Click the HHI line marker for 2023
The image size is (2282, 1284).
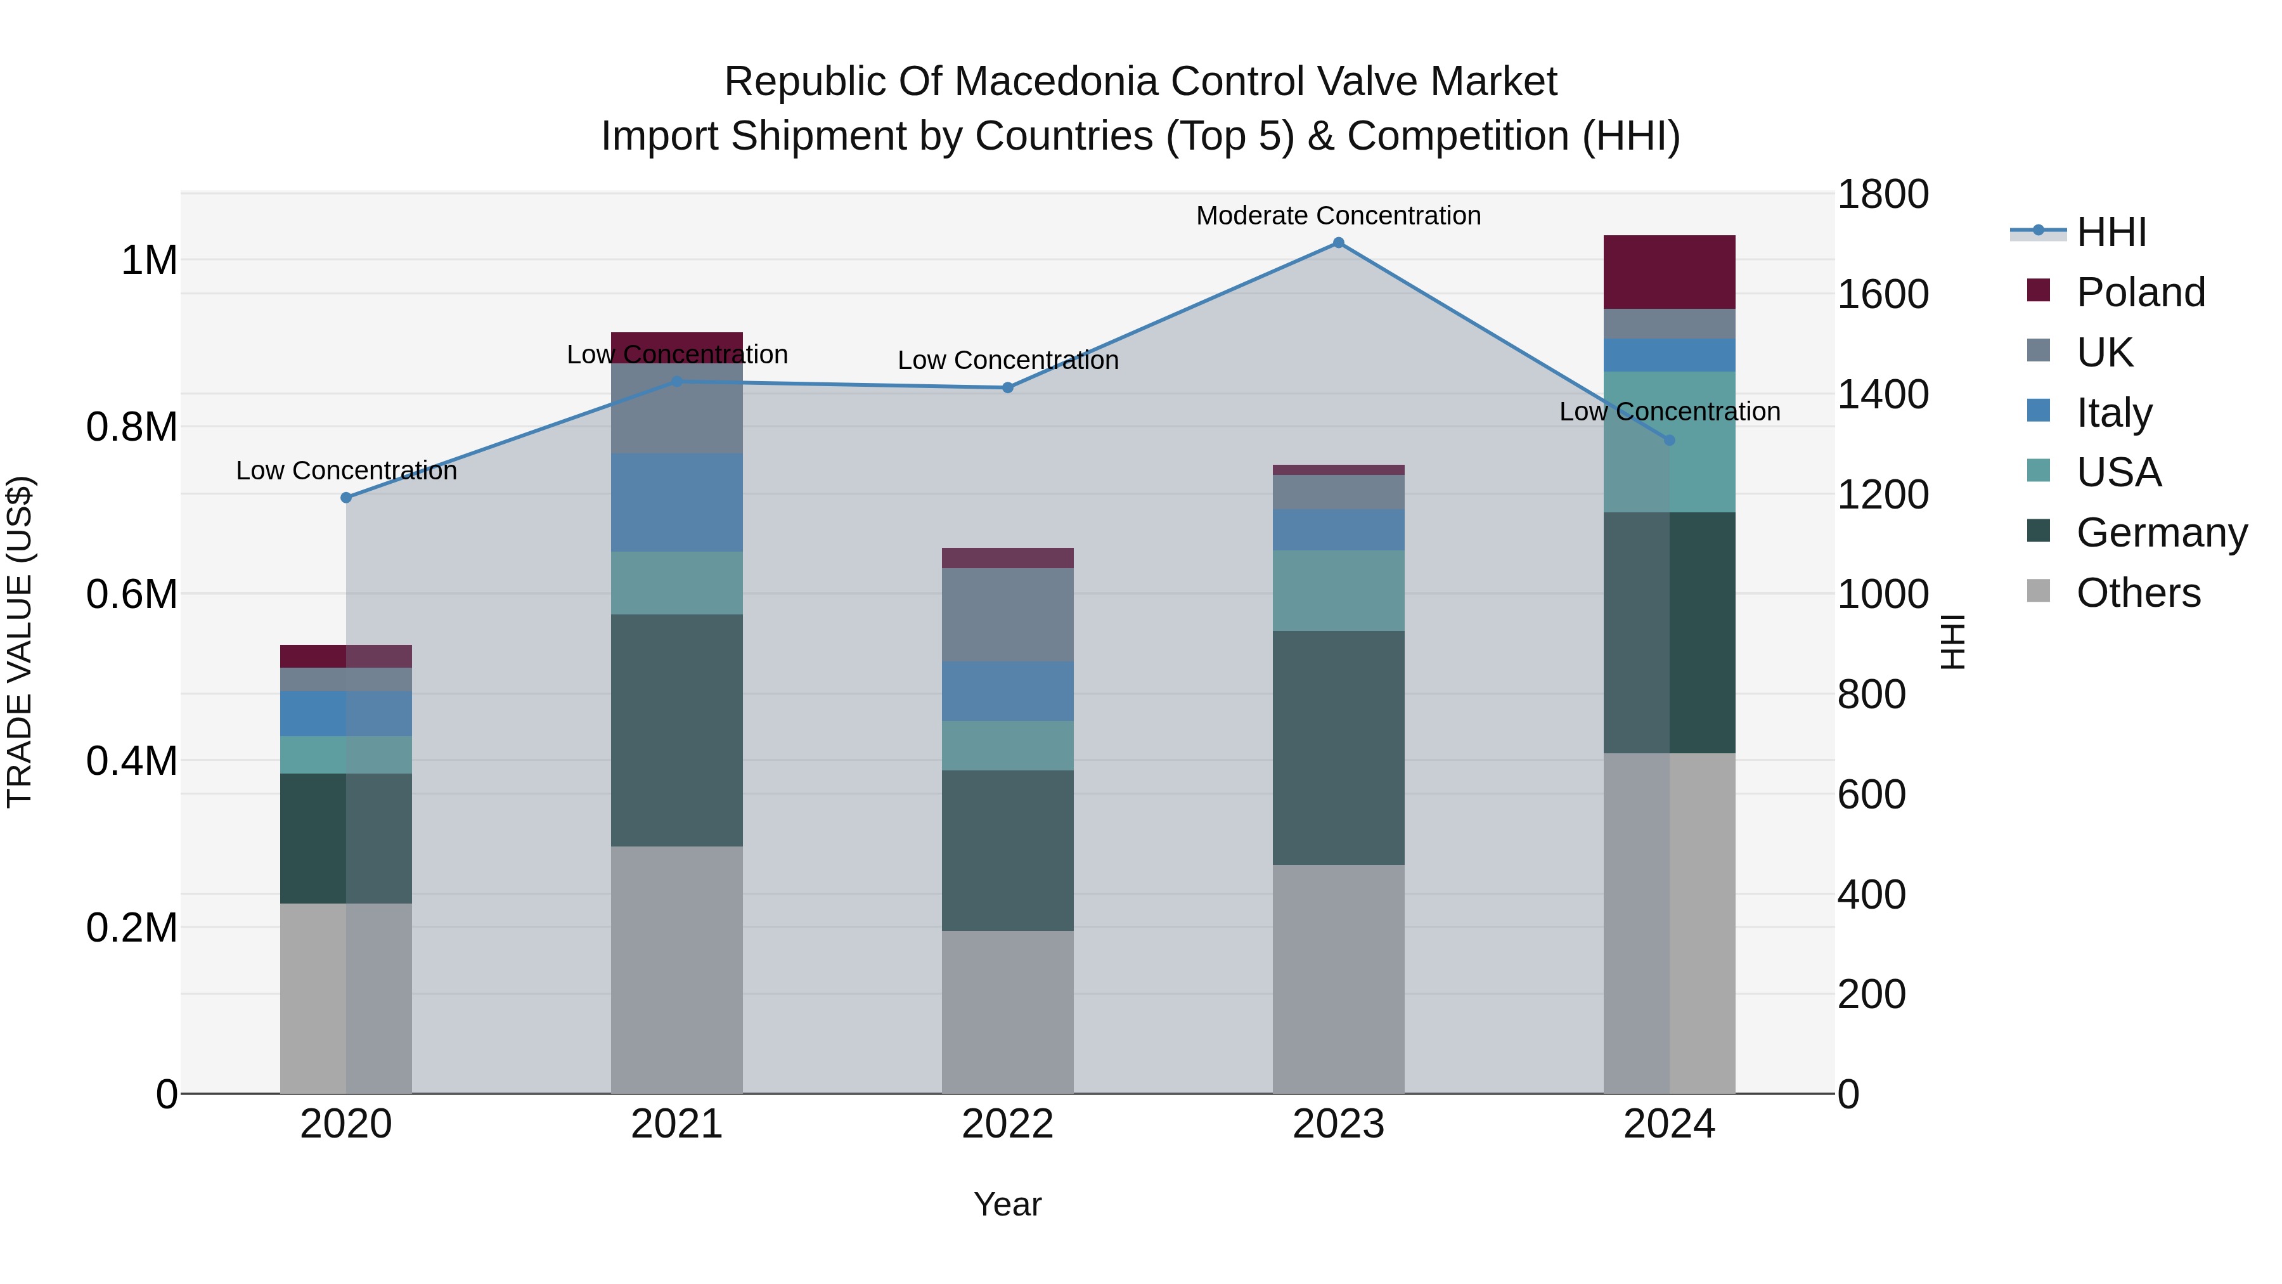[x=1339, y=243]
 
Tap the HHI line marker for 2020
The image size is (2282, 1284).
[x=346, y=498]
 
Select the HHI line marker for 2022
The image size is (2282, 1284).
[x=1007, y=387]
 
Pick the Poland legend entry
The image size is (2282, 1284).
[x=2140, y=292]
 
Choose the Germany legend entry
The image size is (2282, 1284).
[x=2162, y=533]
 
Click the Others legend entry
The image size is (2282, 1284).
[x=2137, y=593]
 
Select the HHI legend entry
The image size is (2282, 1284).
[x=2111, y=232]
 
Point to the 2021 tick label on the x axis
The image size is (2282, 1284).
[x=677, y=1124]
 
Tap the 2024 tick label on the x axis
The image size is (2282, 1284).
[x=1669, y=1124]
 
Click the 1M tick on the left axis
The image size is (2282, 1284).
[x=149, y=261]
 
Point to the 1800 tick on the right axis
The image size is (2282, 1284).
[x=1883, y=194]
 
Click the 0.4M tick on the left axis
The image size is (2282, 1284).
[x=132, y=761]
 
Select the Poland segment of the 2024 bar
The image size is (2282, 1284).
[x=1669, y=272]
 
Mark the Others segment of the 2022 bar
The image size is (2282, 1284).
[x=1007, y=1011]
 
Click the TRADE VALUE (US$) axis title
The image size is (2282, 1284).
[x=20, y=642]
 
